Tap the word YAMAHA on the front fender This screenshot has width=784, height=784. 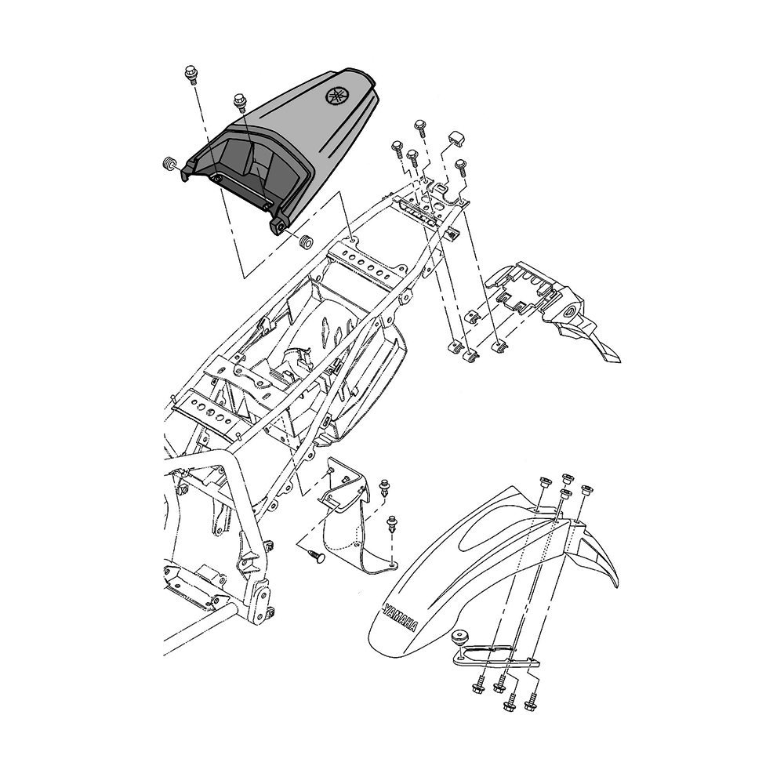click(x=400, y=618)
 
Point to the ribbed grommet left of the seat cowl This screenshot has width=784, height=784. click(x=170, y=164)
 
